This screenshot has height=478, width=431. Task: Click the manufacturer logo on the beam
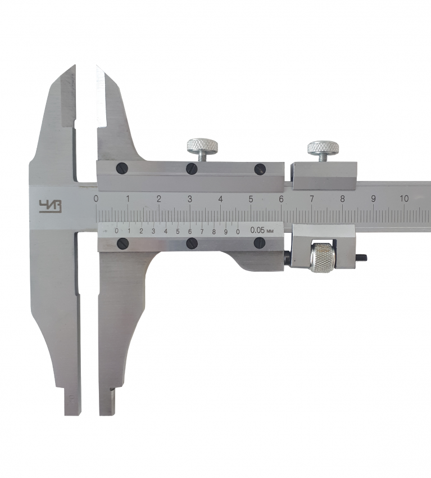[50, 206]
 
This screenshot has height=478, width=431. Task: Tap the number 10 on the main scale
[404, 199]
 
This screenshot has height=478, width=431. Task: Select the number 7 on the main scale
[312, 199]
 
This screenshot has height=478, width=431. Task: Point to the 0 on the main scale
[96, 199]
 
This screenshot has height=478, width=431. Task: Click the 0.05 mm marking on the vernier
[262, 230]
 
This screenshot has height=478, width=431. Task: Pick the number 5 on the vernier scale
[178, 231]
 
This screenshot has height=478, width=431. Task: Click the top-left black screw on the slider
[122, 168]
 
